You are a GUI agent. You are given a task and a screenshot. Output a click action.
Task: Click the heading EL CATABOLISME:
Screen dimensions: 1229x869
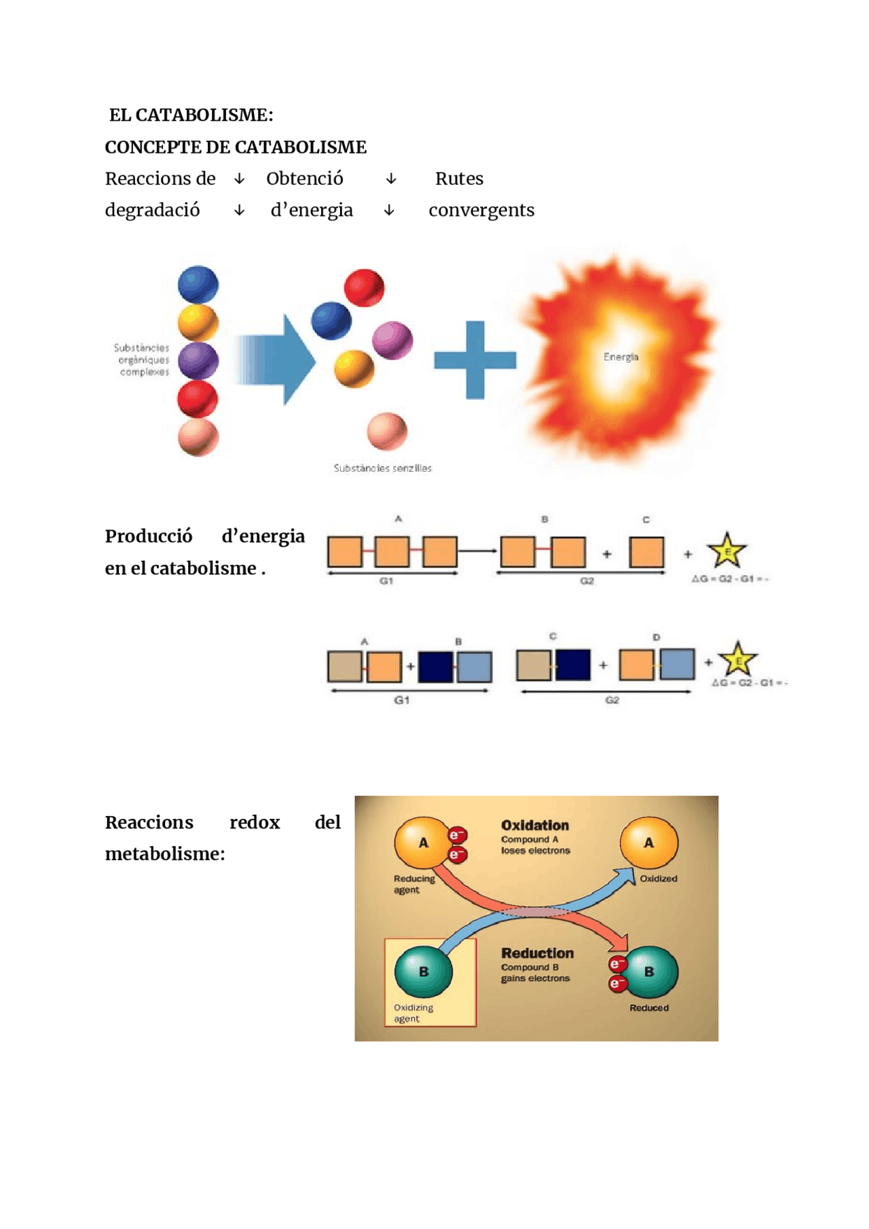click(x=191, y=115)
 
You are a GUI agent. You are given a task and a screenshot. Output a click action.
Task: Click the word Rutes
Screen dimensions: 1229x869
click(x=459, y=179)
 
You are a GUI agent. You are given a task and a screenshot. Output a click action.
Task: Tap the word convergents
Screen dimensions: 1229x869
click(x=481, y=210)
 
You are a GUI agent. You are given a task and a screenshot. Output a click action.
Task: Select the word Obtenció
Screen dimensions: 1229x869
click(x=304, y=179)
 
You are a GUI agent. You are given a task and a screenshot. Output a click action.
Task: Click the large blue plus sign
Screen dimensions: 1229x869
click(x=475, y=360)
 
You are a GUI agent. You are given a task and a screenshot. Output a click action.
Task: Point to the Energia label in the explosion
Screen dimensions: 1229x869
click(x=621, y=357)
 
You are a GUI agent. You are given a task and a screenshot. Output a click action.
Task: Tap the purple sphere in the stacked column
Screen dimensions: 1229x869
click(x=198, y=360)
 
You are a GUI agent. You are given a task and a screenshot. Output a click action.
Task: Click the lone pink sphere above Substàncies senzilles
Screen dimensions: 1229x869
click(x=387, y=431)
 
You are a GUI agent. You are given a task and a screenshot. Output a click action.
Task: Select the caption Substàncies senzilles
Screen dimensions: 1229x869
click(x=382, y=469)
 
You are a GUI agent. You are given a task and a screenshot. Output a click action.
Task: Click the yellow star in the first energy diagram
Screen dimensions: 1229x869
click(x=726, y=551)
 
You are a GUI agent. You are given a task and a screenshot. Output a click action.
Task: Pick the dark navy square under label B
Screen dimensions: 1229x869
click(x=436, y=667)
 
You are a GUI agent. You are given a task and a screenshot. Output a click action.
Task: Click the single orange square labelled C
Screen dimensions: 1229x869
click(x=646, y=552)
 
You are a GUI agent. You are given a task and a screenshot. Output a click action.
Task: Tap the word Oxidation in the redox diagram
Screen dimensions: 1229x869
click(x=535, y=826)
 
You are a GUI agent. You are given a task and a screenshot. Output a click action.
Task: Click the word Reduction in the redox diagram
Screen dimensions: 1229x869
click(x=537, y=953)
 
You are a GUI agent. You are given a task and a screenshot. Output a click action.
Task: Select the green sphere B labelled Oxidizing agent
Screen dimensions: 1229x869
click(x=424, y=972)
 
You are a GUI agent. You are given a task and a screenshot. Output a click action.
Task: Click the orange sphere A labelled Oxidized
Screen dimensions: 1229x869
click(x=648, y=843)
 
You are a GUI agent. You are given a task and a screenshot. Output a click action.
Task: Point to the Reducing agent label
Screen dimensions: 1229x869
click(x=413, y=884)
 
